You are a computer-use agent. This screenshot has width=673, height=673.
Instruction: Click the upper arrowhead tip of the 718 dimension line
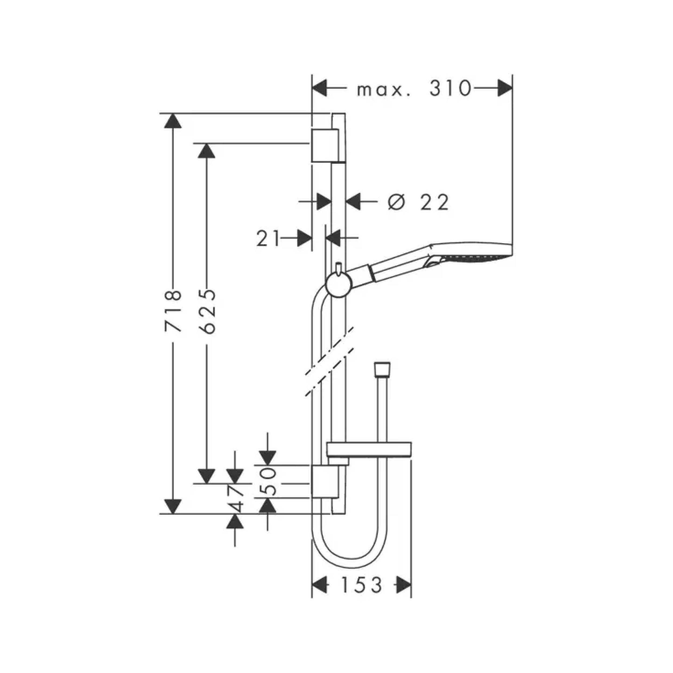click(173, 114)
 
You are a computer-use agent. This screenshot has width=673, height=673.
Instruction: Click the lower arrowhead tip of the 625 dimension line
click(206, 483)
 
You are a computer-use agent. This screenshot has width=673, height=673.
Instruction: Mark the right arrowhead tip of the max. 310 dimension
click(512, 88)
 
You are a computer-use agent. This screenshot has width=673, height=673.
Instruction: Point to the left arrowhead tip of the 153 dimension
click(312, 584)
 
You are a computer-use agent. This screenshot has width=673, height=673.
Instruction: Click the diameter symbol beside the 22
click(397, 202)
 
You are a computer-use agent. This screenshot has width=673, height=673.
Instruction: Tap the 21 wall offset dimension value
click(268, 239)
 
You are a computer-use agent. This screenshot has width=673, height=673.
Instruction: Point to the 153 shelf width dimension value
click(361, 584)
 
